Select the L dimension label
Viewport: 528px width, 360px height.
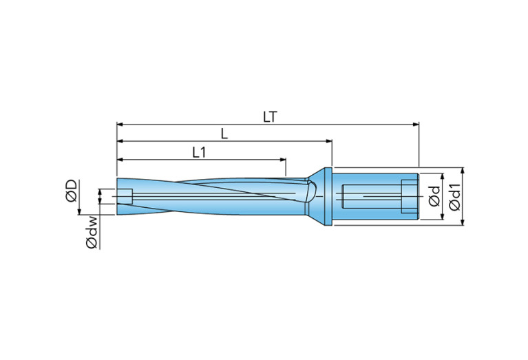(224, 133)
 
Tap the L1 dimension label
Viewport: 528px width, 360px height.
(199, 151)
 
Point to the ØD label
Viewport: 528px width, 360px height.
(71, 191)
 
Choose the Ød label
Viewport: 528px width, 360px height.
(434, 197)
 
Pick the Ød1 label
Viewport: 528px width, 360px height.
(455, 197)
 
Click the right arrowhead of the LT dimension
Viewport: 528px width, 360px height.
(416, 125)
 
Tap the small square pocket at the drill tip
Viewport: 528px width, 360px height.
(125, 196)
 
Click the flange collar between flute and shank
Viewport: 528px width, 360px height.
(329, 197)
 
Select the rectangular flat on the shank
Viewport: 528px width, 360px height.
(372, 197)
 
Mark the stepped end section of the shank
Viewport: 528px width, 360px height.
(410, 197)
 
